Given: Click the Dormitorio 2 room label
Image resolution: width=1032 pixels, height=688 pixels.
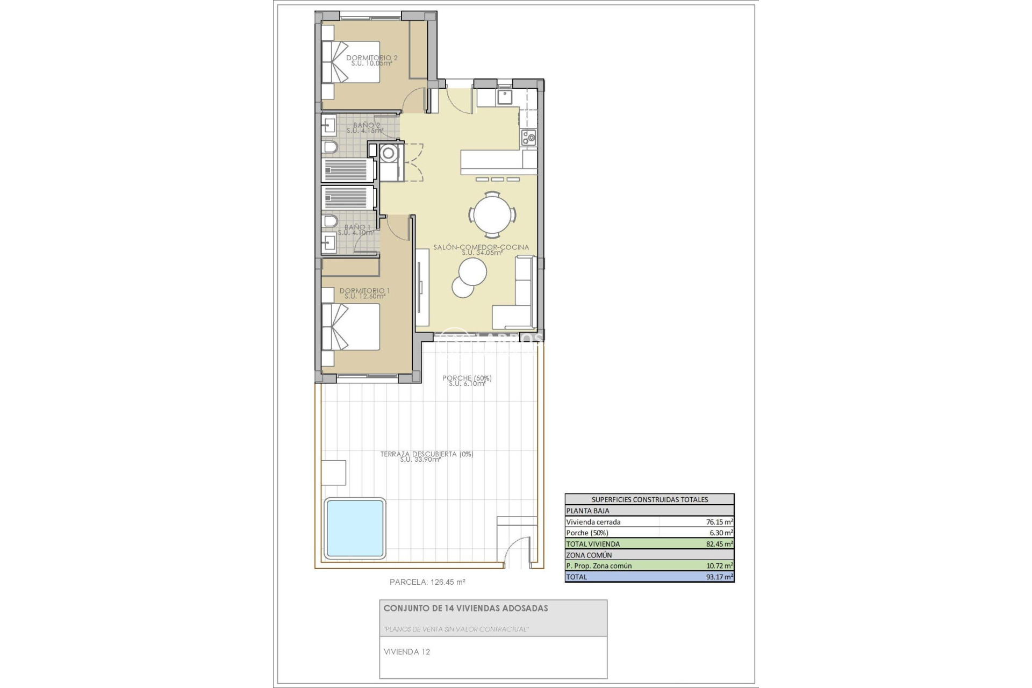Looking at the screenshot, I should tap(372, 58).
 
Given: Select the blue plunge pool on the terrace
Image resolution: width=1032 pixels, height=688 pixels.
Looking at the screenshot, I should tap(355, 528).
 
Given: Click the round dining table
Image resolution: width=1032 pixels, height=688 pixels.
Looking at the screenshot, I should tap(493, 214).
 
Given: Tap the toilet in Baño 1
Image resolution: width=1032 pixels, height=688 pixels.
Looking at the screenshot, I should tap(331, 221).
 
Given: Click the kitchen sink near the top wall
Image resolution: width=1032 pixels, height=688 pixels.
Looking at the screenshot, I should tap(505, 97).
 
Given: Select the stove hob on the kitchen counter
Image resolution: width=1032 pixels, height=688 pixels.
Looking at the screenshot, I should tap(528, 137).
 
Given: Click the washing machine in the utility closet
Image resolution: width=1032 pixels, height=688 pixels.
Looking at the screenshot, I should tap(388, 154).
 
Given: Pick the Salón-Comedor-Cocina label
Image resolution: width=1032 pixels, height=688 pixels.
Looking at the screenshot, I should tap(481, 247).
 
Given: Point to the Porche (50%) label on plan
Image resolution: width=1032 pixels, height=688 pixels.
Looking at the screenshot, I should tap(467, 378).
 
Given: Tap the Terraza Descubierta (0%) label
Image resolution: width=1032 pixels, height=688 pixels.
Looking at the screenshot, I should tap(427, 454).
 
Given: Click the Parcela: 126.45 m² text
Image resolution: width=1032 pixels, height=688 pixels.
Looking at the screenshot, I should tap(427, 582).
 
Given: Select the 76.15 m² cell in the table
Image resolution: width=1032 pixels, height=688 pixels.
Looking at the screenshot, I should tap(719, 521).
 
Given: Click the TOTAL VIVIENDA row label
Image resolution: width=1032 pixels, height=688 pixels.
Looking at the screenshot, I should tap(593, 544).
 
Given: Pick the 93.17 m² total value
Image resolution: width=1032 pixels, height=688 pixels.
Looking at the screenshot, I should tap(719, 577).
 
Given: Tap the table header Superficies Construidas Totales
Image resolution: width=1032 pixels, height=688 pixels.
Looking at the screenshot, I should tap(649, 499).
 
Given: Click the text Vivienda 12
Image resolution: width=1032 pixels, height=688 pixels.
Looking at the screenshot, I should tap(407, 652).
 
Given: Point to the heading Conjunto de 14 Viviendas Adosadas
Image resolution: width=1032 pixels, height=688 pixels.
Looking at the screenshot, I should tap(465, 608).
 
